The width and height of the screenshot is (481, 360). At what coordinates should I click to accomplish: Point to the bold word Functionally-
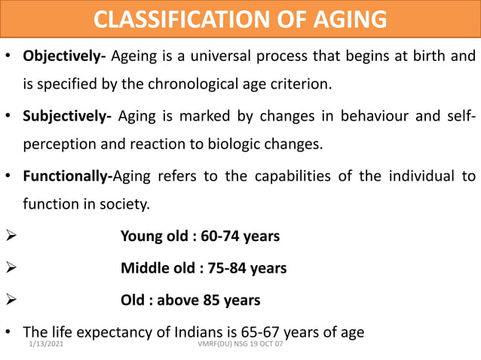point(68,177)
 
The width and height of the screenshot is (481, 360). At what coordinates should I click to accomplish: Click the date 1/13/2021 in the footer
point(45,344)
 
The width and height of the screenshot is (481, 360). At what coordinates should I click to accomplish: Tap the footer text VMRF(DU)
point(211,344)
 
